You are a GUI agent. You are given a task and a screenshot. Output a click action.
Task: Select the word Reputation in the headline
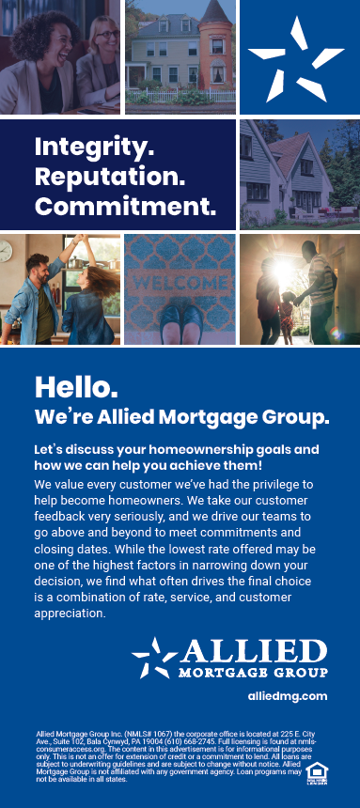(x=109, y=176)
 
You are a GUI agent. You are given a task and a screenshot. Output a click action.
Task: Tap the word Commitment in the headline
(x=125, y=204)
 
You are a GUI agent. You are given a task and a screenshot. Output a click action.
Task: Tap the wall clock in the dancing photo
(x=6, y=252)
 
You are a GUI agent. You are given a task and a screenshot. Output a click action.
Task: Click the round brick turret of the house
(x=215, y=52)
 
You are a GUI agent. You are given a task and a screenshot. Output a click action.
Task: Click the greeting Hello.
(x=76, y=386)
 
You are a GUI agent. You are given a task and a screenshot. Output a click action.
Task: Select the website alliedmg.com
(x=288, y=695)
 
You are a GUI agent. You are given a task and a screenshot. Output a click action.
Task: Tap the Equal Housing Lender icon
(x=317, y=773)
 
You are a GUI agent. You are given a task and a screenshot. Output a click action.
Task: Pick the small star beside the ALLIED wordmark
(x=155, y=656)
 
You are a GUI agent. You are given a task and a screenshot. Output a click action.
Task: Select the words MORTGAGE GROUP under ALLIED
(x=254, y=673)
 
